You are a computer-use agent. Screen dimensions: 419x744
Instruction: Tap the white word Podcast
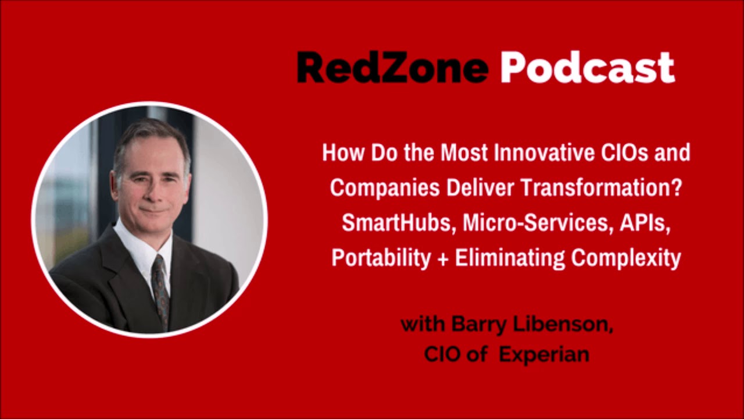(587, 68)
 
